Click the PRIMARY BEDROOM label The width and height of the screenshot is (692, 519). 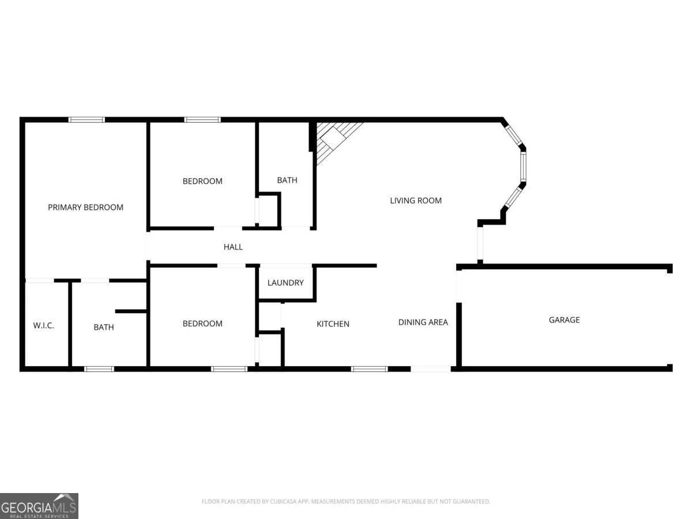(85, 208)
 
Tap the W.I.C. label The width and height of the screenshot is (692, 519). (43, 325)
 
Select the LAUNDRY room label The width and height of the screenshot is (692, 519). (285, 283)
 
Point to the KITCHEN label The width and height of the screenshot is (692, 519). (333, 324)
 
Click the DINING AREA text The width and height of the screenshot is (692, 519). (423, 322)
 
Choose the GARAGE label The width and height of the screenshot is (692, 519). (565, 320)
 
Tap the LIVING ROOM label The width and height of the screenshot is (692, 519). (416, 201)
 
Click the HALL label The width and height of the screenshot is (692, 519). (233, 247)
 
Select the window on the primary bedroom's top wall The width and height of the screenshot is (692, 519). (86, 120)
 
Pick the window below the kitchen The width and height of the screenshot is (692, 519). (369, 369)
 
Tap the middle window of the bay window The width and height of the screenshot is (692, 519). (523, 167)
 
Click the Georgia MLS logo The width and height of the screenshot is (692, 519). (39, 506)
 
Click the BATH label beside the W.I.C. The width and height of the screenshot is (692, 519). (104, 328)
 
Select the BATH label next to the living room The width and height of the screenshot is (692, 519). (287, 180)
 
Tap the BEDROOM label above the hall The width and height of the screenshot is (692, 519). (202, 181)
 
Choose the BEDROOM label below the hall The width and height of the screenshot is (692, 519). (202, 324)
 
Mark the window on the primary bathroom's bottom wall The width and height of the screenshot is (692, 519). (99, 369)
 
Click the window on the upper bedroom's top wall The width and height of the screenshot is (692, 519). (202, 120)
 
